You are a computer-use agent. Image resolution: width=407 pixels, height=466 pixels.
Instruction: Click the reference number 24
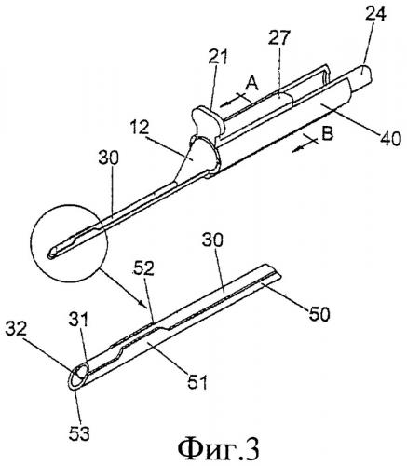tap(375, 13)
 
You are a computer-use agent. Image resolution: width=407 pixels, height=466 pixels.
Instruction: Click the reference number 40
tap(389, 138)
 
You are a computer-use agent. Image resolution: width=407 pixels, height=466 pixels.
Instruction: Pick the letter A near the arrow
tap(251, 84)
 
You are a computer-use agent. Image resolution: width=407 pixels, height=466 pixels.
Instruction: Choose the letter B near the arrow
tap(326, 134)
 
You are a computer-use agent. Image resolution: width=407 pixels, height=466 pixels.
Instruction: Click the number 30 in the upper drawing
tap(108, 159)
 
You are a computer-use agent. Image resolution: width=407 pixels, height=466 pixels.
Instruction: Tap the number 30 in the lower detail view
tap(212, 241)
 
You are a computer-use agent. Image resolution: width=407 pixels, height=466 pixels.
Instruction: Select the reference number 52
tap(143, 269)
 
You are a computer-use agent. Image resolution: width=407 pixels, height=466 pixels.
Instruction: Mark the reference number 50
tap(318, 314)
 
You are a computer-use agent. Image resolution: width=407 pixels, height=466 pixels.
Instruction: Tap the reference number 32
tap(17, 330)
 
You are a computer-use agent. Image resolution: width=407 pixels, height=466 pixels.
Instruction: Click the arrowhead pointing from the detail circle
tap(142, 302)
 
